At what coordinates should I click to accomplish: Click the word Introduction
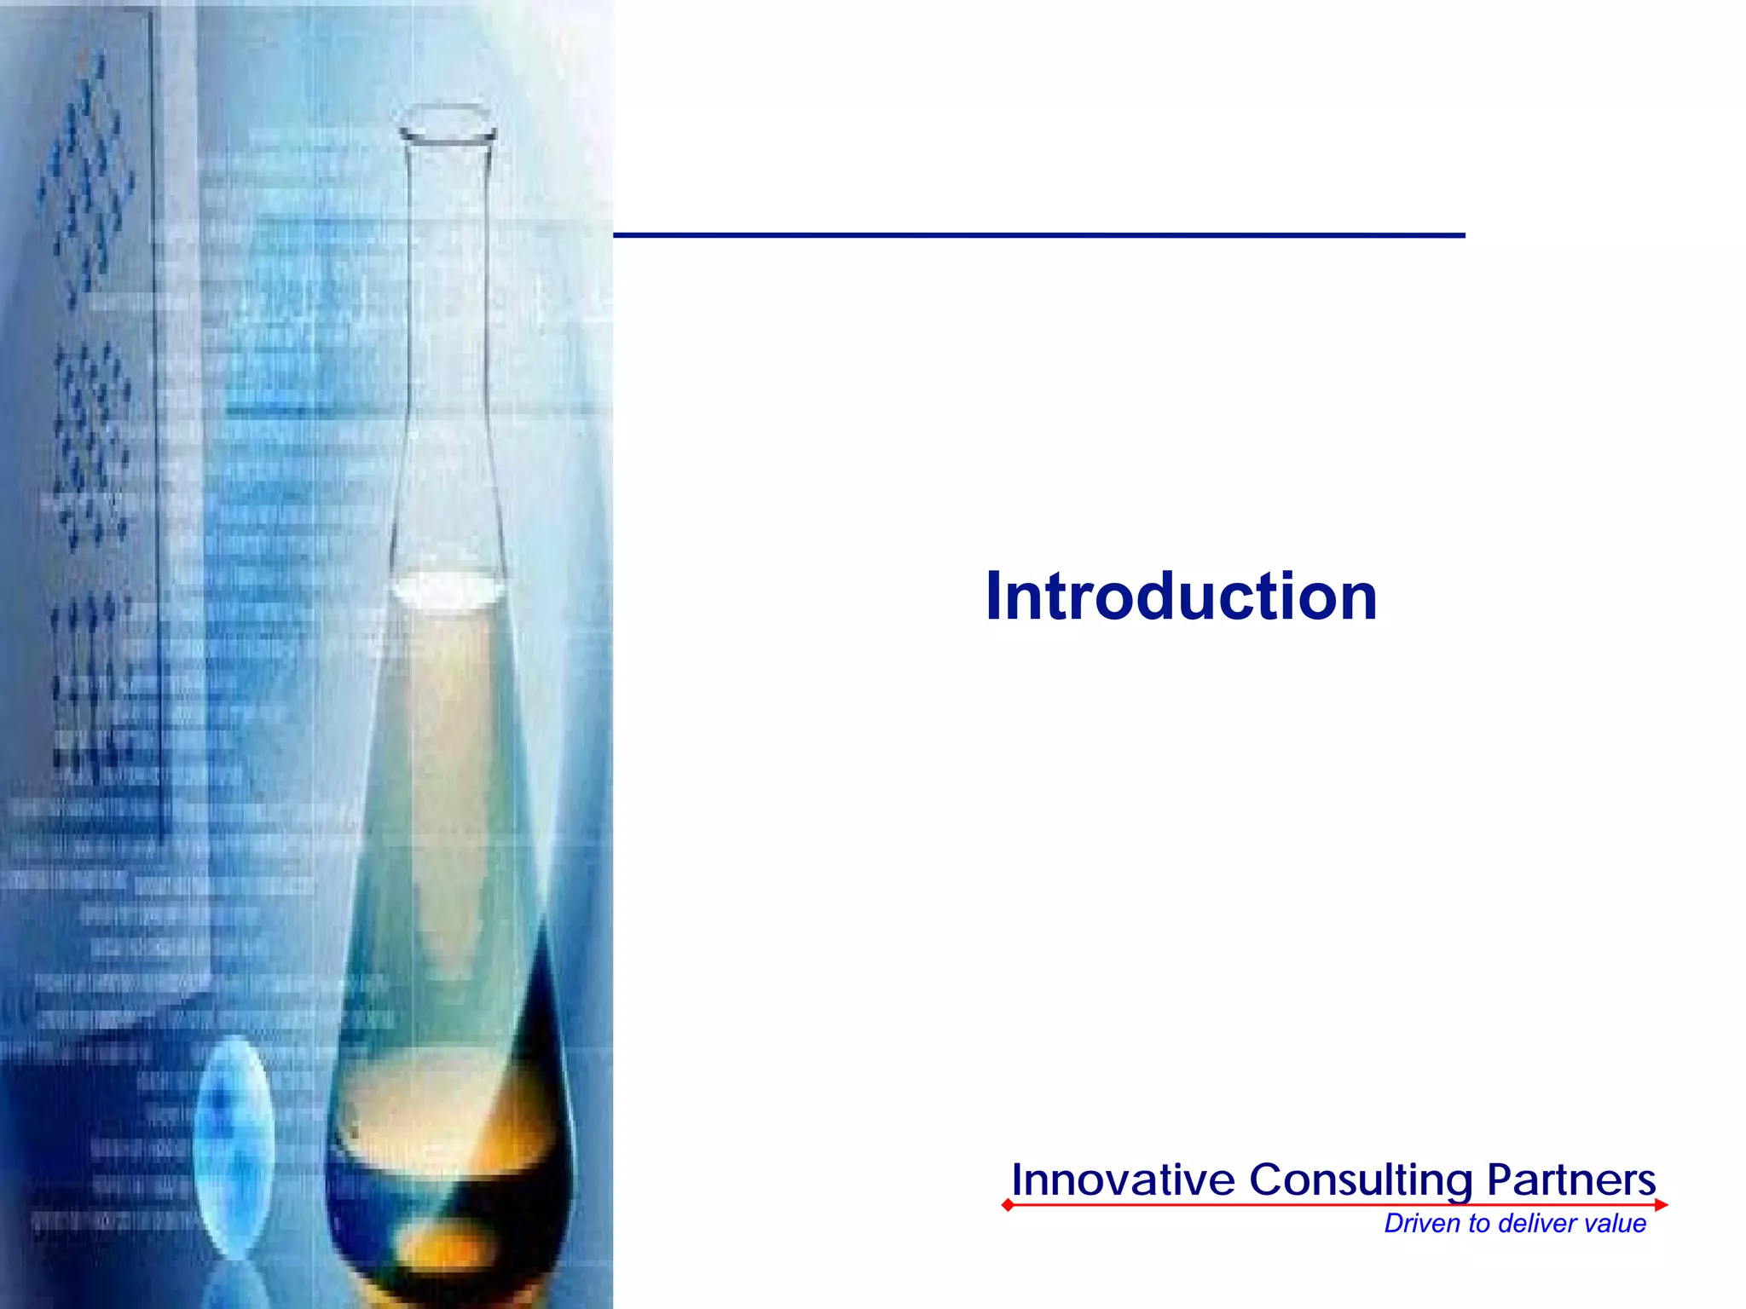(1181, 597)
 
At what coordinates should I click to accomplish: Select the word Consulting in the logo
(1361, 1181)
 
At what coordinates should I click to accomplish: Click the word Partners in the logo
(1571, 1180)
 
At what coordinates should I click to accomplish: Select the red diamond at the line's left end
(1008, 1205)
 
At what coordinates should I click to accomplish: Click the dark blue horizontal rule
(1038, 235)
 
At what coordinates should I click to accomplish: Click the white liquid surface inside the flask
(447, 591)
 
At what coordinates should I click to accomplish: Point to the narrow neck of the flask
(448, 341)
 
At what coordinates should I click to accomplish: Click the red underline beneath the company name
(1330, 1205)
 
